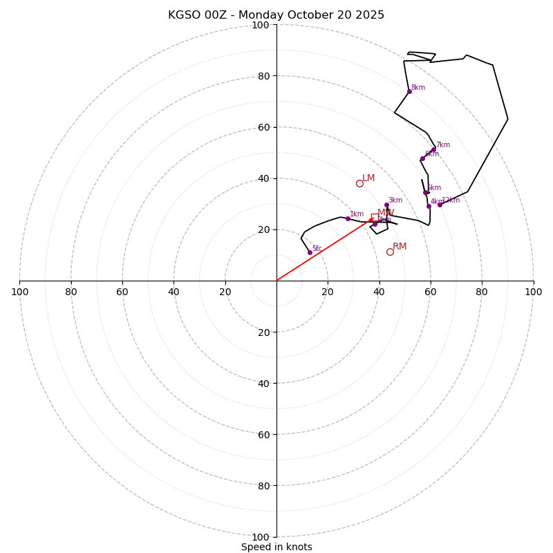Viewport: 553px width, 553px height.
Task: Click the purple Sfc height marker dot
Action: click(x=310, y=252)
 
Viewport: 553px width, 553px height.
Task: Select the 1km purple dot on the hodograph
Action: click(x=348, y=218)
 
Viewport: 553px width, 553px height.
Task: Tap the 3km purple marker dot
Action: click(x=386, y=205)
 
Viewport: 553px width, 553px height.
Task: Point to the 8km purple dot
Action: click(x=409, y=91)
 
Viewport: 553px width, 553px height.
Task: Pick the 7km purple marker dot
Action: click(x=434, y=149)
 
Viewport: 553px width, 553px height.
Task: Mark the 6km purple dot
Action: click(x=422, y=158)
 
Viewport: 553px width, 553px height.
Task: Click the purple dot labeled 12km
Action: click(x=440, y=205)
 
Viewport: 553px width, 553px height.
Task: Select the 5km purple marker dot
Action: click(x=426, y=192)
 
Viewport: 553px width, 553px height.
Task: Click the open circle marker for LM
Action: click(x=359, y=183)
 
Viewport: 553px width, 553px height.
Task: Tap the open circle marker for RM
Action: click(x=390, y=252)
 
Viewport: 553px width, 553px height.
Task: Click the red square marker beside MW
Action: click(x=375, y=217)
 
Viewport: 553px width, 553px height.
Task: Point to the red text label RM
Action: click(x=400, y=247)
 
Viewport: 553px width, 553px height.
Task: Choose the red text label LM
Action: click(x=368, y=178)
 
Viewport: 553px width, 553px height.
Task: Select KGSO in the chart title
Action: click(x=182, y=15)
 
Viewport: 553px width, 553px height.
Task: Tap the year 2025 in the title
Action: click(x=371, y=15)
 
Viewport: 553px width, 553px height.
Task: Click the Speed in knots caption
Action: click(x=276, y=547)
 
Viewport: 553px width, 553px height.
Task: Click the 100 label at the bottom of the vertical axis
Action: click(x=261, y=537)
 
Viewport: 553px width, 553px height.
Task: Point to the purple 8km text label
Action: click(x=418, y=88)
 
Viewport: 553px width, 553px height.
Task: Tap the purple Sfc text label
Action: click(x=317, y=248)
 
